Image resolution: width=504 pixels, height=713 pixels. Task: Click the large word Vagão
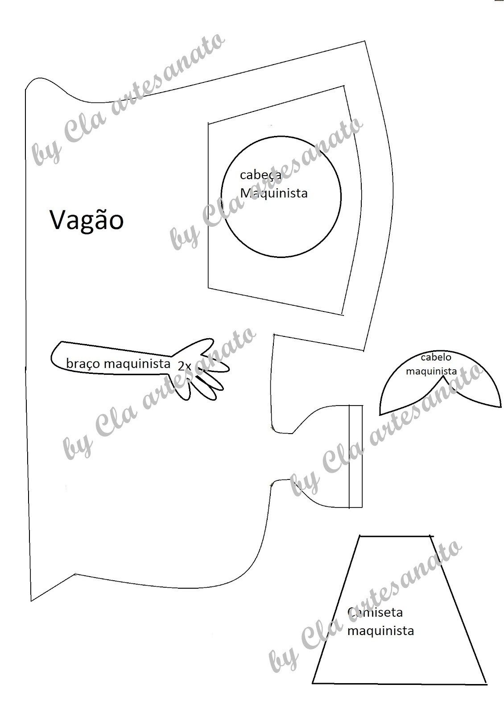86,220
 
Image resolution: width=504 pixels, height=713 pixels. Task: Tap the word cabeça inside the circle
260,175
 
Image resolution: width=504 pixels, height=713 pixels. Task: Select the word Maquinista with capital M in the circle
273,193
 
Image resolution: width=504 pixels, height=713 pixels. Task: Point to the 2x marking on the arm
184,366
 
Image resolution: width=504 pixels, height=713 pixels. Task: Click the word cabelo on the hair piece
436,357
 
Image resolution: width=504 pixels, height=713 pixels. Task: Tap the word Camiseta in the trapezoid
375,612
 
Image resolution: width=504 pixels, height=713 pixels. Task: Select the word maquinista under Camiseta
380,631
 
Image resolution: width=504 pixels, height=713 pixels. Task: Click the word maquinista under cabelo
431,371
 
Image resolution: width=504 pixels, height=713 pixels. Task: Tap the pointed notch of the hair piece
442,377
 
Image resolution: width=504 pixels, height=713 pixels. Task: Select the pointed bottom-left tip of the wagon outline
32,600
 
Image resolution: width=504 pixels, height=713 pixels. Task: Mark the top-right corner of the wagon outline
365,42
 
